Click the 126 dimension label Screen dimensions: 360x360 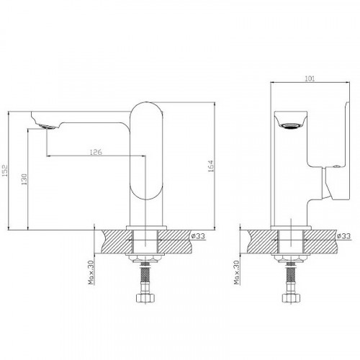(96, 152)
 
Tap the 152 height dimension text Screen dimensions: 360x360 (5, 171)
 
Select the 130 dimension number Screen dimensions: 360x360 (24, 179)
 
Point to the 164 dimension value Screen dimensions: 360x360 (210, 166)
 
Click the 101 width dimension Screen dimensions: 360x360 (310, 78)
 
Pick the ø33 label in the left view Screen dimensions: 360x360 (198, 236)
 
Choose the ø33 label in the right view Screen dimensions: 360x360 (343, 236)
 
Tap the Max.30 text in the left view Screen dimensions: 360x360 (91, 272)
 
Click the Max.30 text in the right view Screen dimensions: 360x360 (237, 272)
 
